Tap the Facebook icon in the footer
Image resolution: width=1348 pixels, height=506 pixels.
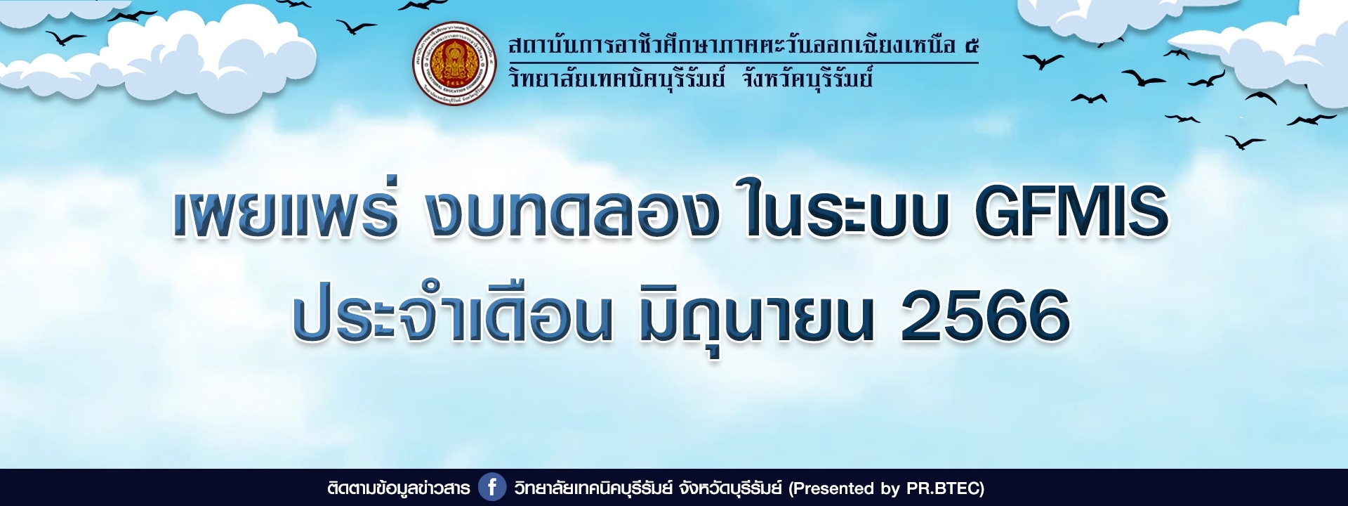click(492, 487)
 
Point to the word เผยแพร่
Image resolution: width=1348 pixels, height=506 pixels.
click(286, 209)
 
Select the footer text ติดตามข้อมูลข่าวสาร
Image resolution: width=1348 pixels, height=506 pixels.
click(398, 488)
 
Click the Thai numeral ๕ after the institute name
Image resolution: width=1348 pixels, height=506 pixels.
click(971, 46)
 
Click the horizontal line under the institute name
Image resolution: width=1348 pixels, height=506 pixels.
click(744, 63)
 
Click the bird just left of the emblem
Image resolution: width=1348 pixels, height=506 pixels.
click(356, 27)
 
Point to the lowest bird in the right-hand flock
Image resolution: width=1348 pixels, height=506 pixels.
click(1245, 142)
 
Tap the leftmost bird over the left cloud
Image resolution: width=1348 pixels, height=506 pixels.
click(65, 38)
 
